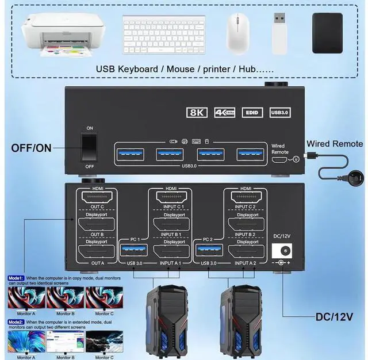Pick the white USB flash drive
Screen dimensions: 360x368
point(279,32)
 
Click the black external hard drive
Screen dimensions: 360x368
point(327,32)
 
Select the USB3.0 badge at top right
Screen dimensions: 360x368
point(280,113)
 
